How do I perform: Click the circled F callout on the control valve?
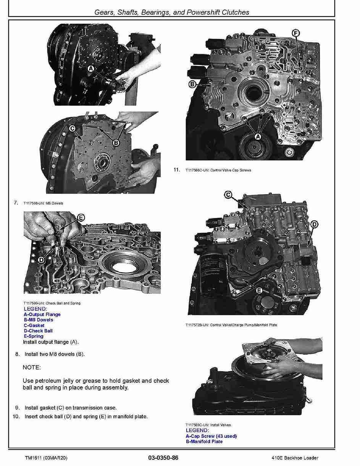295,34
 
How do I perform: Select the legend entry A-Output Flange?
42,314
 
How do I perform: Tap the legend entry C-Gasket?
34,326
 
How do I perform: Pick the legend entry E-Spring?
34,336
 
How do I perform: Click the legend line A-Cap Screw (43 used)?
211,436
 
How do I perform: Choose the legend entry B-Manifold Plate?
204,442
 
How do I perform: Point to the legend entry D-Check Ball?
38,331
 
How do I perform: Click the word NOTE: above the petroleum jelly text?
32,368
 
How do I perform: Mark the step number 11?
176,170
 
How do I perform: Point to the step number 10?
16,416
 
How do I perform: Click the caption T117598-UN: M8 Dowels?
43,203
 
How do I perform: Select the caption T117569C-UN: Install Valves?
208,425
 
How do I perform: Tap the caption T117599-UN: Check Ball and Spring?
52,303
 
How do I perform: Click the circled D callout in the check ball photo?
41,260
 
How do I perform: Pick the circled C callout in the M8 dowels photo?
72,129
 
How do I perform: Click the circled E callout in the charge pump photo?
259,290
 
